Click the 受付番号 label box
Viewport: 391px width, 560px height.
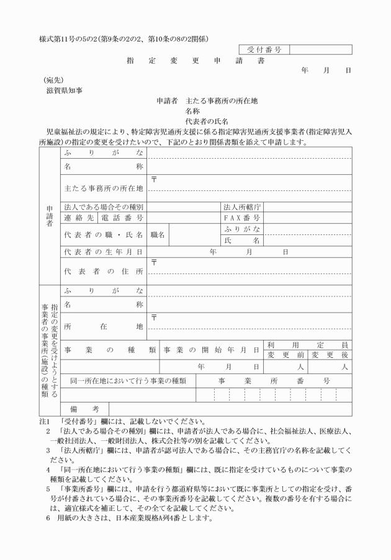tap(264, 50)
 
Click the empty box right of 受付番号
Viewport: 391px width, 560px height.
tap(320, 50)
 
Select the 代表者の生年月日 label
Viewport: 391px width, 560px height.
tap(103, 252)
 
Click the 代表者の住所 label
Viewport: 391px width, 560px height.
tap(103, 272)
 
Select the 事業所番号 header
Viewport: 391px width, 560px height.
tap(274, 380)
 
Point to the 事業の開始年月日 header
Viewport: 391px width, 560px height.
tap(211, 350)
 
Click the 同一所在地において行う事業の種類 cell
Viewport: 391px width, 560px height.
tap(128, 380)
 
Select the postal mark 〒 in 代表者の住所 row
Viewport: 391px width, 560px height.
tap(154, 263)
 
